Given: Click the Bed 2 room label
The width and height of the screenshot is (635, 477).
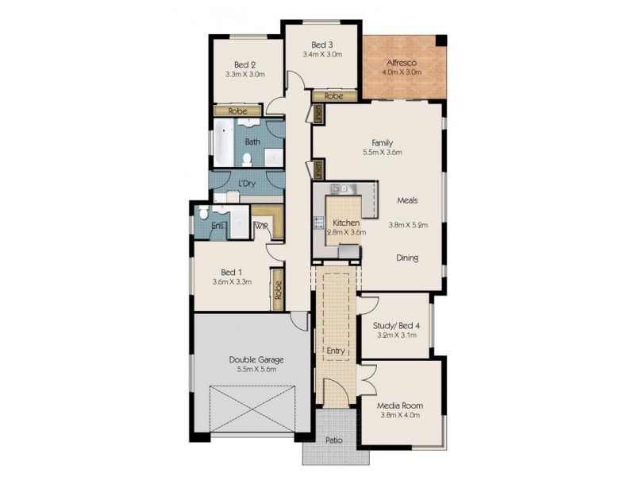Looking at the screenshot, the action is click(x=245, y=65).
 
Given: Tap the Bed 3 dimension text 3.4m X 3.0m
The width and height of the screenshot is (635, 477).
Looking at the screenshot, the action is click(x=322, y=54).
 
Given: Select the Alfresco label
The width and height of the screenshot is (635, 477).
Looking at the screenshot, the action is click(x=402, y=63).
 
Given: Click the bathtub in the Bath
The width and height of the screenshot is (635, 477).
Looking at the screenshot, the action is click(x=224, y=142).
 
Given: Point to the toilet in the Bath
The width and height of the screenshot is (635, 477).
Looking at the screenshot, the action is click(x=247, y=160).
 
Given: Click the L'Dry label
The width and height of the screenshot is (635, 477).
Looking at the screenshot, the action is click(x=247, y=184).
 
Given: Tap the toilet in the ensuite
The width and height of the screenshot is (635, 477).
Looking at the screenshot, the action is click(x=204, y=211).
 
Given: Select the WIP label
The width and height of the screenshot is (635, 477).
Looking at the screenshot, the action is click(x=261, y=227).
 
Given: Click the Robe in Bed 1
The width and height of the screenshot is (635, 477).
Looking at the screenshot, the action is click(x=278, y=289).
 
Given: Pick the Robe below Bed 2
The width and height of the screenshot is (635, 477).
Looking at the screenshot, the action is click(x=237, y=111).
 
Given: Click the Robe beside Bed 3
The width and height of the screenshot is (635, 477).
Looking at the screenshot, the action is click(x=334, y=96).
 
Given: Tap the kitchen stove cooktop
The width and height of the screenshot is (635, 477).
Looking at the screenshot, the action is click(x=319, y=223).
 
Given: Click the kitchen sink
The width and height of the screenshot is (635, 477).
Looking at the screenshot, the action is click(x=340, y=188).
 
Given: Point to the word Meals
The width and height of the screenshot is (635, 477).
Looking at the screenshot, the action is click(x=407, y=200).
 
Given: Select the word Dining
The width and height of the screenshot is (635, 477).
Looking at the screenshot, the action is click(x=407, y=258).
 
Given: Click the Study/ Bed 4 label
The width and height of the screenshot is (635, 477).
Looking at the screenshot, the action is click(x=396, y=325).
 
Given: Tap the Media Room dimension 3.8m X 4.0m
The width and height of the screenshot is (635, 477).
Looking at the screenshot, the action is click(x=400, y=415).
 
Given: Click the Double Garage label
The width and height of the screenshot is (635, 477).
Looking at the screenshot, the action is click(x=256, y=359).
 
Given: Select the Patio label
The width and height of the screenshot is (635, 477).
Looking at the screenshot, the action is click(x=334, y=440).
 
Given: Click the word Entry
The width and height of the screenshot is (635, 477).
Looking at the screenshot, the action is click(x=335, y=351).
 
